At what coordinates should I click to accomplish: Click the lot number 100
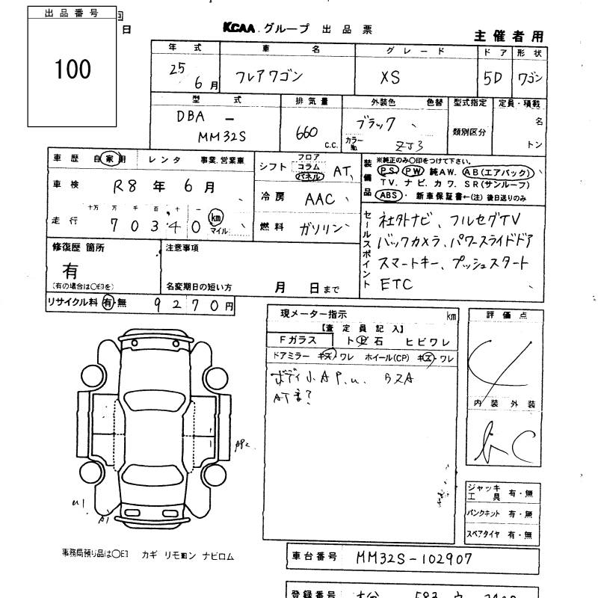pyautogui.click(x=73, y=70)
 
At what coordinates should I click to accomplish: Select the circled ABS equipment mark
pyautogui.click(x=387, y=195)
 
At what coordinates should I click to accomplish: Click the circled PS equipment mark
pyautogui.click(x=389, y=171)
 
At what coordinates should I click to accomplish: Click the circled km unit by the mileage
pyautogui.click(x=217, y=217)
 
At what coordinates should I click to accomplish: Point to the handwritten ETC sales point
pyautogui.click(x=395, y=285)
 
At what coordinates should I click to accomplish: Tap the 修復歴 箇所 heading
pyautogui.click(x=78, y=247)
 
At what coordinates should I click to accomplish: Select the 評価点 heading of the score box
pyautogui.click(x=506, y=315)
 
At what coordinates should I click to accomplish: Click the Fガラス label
pyautogui.click(x=298, y=340)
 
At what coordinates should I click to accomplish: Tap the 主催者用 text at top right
pyautogui.click(x=509, y=36)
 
